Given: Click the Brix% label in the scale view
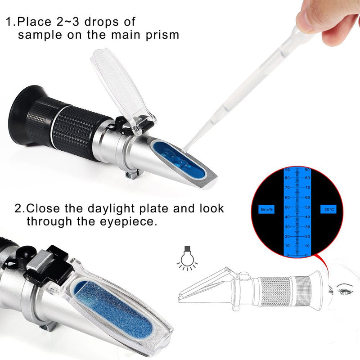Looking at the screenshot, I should pos(268,209).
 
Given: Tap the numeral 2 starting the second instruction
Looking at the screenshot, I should pos(18,209).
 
